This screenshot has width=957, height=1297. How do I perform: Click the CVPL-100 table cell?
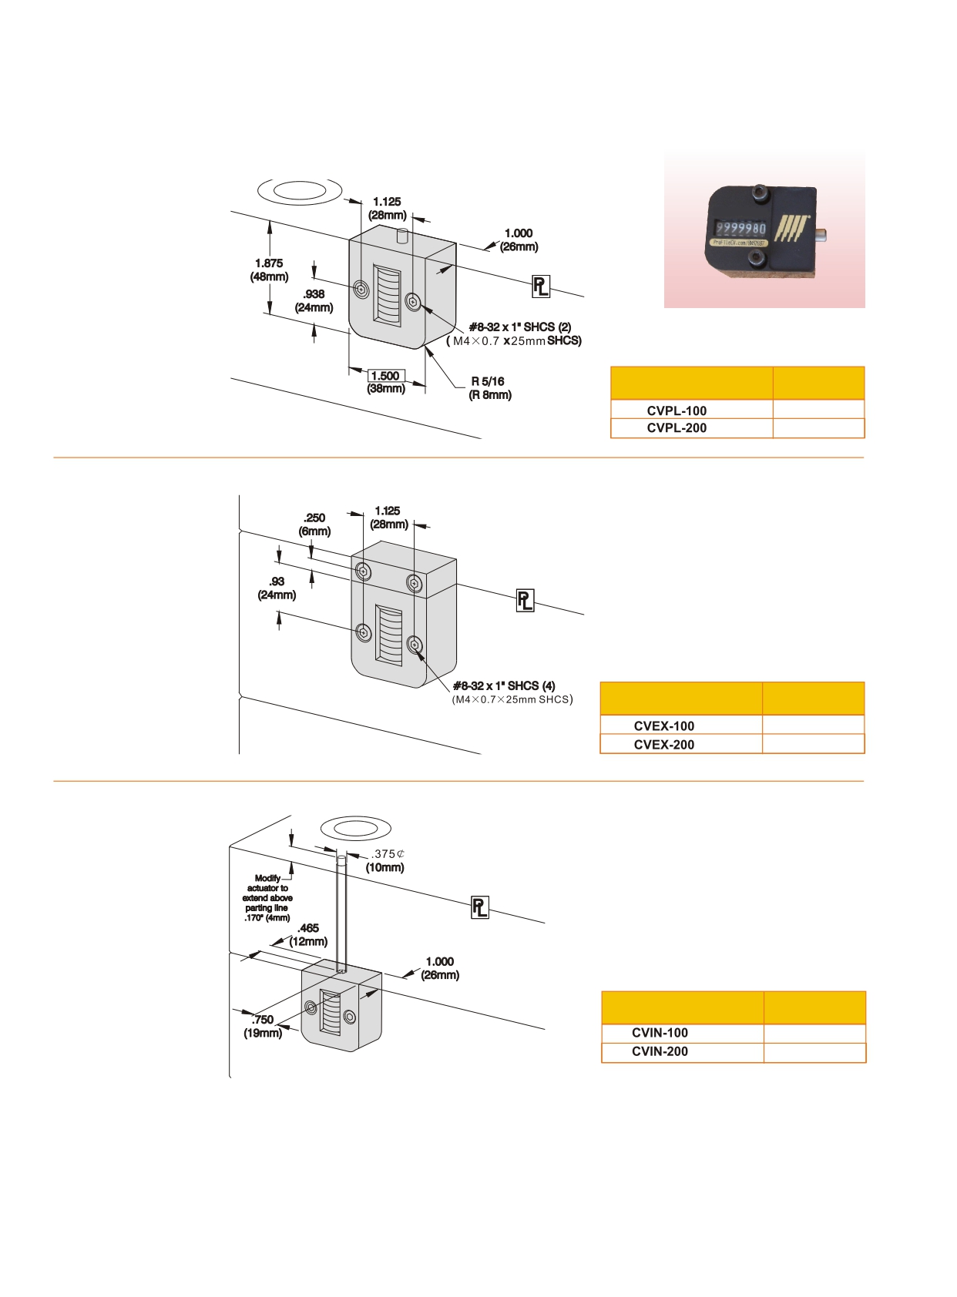677,411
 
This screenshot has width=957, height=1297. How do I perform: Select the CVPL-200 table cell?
677,428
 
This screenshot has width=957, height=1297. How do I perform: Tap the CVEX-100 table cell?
663,726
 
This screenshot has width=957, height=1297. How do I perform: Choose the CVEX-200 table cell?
663,745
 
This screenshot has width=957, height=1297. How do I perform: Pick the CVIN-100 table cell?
660,1033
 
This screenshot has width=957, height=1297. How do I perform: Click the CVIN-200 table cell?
660,1052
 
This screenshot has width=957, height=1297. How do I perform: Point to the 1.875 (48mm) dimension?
269,270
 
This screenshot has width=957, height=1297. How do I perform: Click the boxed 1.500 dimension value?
386,376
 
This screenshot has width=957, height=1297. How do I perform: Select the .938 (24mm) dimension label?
314,300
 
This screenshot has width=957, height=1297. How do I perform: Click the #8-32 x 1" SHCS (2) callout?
520,327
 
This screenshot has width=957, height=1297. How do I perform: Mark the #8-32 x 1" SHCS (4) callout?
504,685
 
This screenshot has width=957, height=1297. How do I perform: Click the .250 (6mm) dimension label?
314,524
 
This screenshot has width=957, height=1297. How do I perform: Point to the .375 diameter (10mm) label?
387,860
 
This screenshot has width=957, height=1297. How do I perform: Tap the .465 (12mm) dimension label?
308,934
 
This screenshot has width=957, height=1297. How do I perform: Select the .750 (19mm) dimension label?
263,1026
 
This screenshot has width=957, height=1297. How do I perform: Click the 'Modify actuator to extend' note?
267,898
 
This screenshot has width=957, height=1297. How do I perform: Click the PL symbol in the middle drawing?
525,601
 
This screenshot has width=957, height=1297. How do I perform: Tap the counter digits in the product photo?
740,229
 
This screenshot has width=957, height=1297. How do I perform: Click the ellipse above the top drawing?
300,190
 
